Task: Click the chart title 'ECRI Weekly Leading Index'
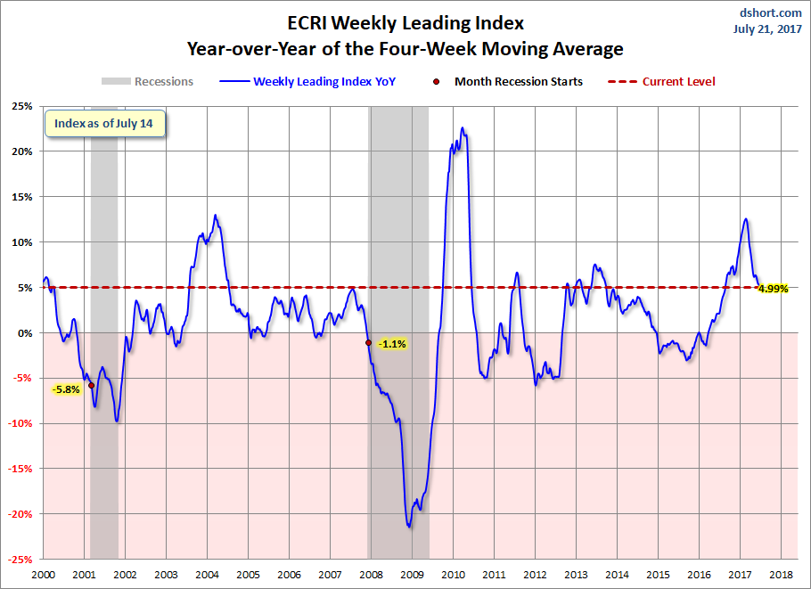pos(405,23)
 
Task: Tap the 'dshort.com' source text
pos(770,12)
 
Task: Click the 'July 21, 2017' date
pos(767,29)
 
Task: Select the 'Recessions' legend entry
pos(147,81)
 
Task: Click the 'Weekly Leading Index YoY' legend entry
pos(307,81)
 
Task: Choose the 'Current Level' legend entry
pos(661,81)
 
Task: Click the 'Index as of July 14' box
pos(105,124)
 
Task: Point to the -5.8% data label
pos(67,389)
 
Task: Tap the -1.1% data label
pos(392,344)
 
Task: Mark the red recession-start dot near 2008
pos(368,343)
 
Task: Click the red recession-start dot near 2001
pos(91,385)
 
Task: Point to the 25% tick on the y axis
pos(21,106)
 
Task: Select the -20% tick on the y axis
pos(20,514)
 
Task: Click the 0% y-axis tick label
pos(25,333)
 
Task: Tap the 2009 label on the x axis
pos(413,575)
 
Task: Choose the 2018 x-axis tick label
pos(781,575)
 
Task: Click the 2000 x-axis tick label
pos(43,575)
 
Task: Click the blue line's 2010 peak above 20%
pos(463,127)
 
